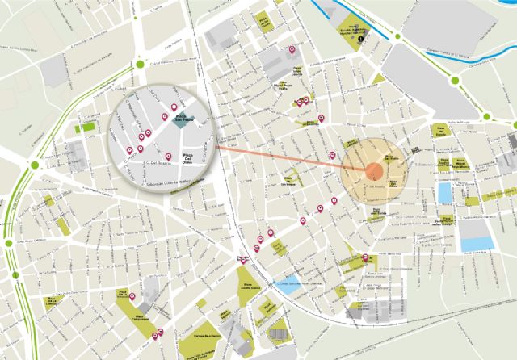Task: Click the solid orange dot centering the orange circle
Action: click(374, 170)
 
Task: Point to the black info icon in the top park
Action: click(372, 36)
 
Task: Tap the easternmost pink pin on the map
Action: click(366, 257)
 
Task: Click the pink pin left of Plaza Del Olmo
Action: click(167, 156)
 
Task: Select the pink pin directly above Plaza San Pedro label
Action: click(174, 107)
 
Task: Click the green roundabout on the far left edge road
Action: click(35, 165)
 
